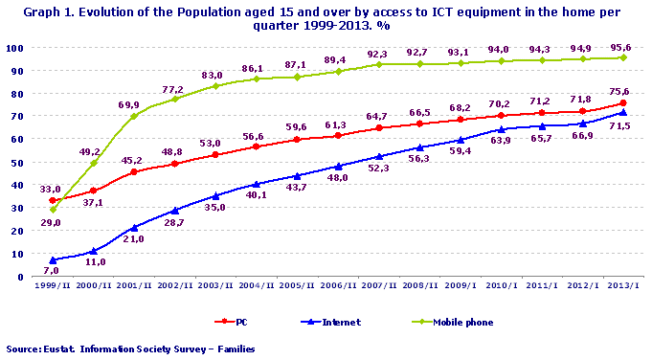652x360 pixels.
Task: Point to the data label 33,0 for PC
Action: click(49, 190)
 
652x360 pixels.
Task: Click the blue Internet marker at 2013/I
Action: click(623, 112)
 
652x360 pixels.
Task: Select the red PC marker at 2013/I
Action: click(623, 102)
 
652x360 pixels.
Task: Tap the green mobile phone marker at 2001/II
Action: click(133, 116)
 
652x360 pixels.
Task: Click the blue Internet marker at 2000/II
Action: click(93, 252)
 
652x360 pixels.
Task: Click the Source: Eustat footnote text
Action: click(130, 349)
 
